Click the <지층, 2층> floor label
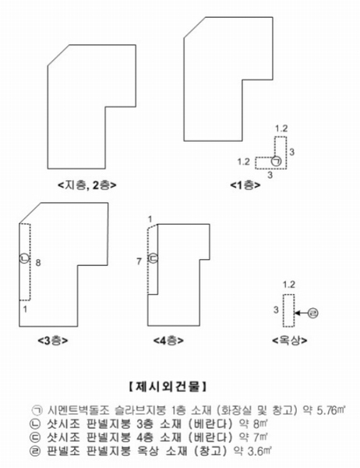[x=87, y=185]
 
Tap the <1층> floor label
[x=245, y=185]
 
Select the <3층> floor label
[x=53, y=341]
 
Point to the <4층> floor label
[x=168, y=341]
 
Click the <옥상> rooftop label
[x=290, y=340]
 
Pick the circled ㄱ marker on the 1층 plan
[x=277, y=161]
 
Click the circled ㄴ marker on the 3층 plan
[x=24, y=258]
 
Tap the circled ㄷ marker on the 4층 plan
[x=153, y=258]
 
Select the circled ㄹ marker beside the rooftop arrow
[x=313, y=313]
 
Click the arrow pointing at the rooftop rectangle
[x=302, y=313]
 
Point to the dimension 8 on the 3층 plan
[x=38, y=263]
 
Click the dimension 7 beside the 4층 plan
[x=139, y=261]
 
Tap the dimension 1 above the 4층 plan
[x=150, y=219]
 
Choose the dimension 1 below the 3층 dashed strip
[x=25, y=309]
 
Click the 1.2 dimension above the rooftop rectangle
[x=289, y=285]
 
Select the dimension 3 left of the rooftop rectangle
[x=276, y=310]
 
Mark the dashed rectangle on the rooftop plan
[x=289, y=310]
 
